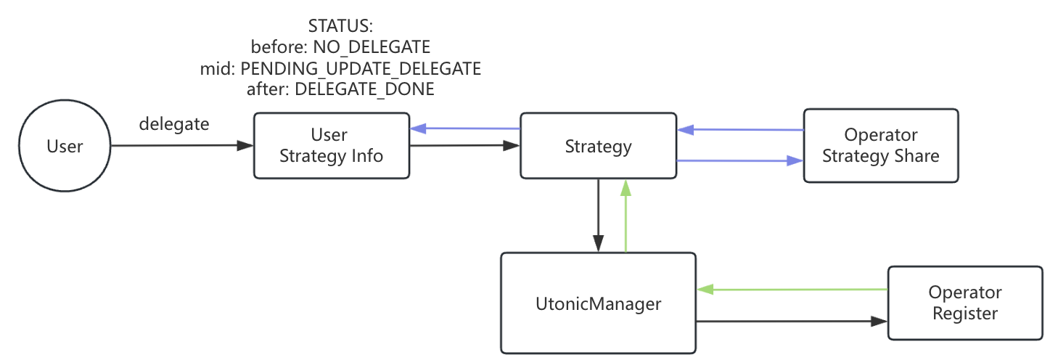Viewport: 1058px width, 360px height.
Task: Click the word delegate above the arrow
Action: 174,124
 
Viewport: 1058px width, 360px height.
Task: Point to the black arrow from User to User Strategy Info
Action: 182,145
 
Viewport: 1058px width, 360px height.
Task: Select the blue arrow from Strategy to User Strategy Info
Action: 465,128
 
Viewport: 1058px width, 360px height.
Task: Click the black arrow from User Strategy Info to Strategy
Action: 465,145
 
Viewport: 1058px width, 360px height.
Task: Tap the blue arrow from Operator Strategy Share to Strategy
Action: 740,129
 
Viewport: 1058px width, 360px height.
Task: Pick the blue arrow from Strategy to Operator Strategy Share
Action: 740,160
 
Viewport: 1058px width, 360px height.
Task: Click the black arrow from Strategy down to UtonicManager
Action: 599,216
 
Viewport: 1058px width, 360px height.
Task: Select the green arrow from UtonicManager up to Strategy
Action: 626,216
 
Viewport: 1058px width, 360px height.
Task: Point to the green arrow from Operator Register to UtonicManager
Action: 792,289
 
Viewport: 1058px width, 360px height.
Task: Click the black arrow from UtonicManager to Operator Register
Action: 792,322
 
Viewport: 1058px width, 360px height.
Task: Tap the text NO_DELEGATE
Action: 372,47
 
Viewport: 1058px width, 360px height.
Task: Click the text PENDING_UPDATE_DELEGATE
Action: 361,68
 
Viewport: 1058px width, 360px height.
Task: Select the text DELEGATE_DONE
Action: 364,89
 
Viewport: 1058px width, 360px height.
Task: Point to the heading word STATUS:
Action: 340,25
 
